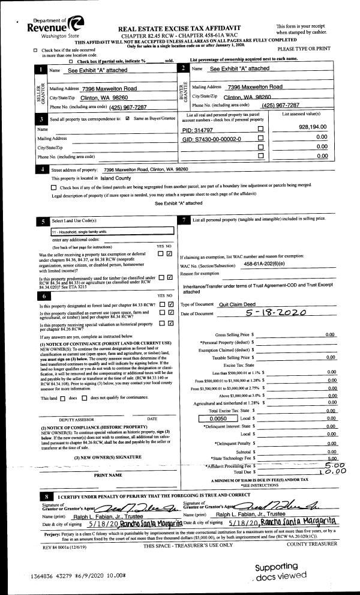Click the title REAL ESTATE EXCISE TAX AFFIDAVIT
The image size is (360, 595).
coord(191,28)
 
